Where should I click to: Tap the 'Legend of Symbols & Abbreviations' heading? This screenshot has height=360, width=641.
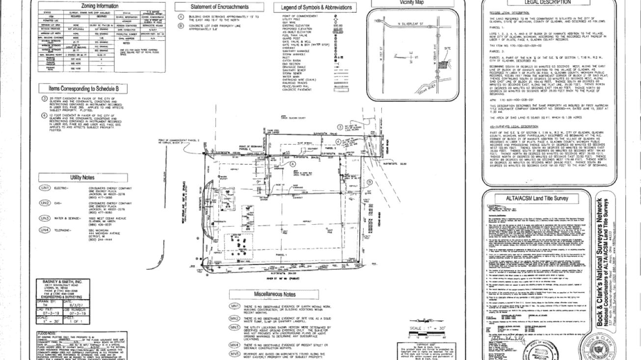tap(317, 7)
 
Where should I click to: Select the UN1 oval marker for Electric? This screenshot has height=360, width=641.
tap(45, 188)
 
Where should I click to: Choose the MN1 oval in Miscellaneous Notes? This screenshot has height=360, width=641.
tap(235, 306)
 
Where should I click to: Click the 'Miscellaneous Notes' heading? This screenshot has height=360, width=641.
tap(274, 294)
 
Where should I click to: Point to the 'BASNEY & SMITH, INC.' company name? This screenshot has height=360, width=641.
tap(55, 282)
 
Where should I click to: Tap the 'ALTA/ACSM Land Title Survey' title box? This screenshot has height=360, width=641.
tap(536, 198)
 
